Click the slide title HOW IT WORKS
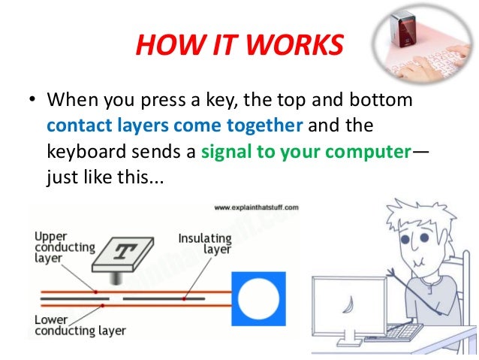click(x=238, y=47)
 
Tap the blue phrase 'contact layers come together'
click(x=174, y=123)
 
